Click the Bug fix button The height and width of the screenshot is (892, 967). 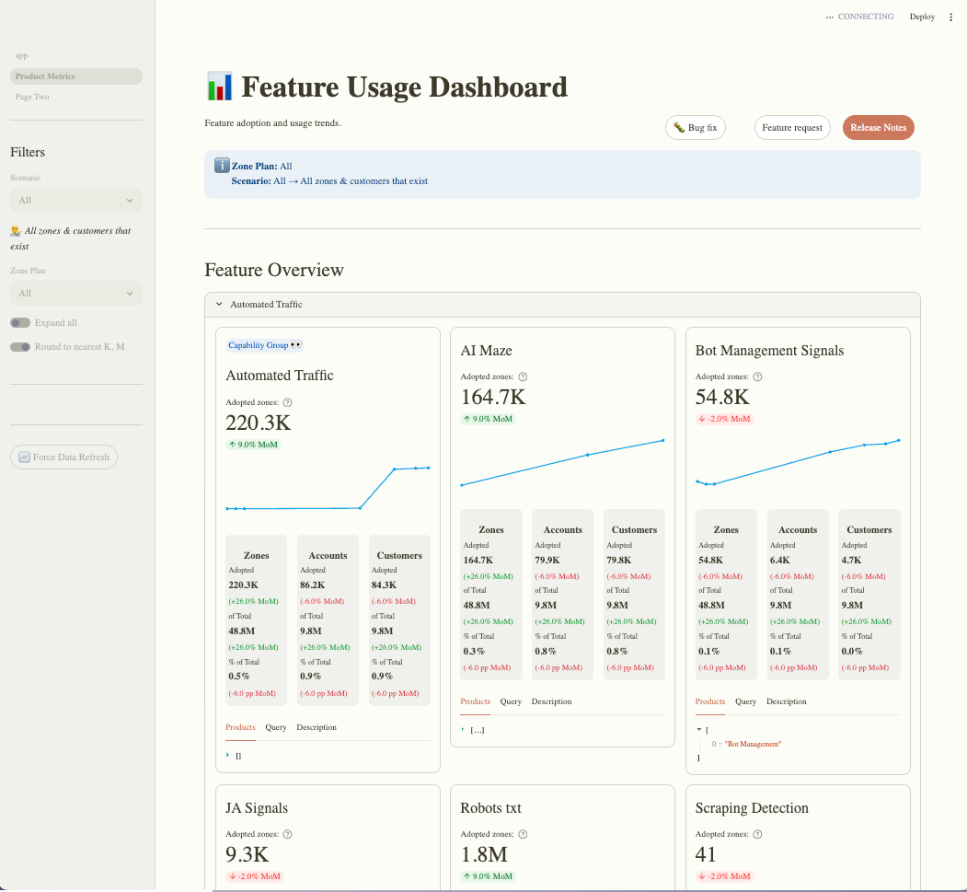point(695,128)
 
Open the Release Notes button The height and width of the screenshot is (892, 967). point(878,128)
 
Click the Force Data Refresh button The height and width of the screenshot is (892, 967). point(63,457)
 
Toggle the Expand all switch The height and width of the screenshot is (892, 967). point(20,323)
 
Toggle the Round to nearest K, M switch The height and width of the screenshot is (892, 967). point(20,347)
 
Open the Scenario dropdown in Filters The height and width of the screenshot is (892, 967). point(75,201)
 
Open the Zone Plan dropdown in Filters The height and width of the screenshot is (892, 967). point(75,294)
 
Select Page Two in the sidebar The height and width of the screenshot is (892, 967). point(32,97)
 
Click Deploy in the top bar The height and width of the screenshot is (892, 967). point(922,17)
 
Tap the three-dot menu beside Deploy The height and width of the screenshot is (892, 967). point(951,17)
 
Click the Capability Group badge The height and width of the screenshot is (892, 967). point(264,345)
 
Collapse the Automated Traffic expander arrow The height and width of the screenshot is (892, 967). point(219,304)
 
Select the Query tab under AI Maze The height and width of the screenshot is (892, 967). point(511,701)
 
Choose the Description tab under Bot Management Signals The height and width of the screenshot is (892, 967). point(786,701)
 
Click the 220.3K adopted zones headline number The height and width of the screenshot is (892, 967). point(259,423)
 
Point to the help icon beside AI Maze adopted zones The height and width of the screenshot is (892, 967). point(523,376)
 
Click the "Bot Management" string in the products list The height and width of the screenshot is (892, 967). point(753,743)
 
